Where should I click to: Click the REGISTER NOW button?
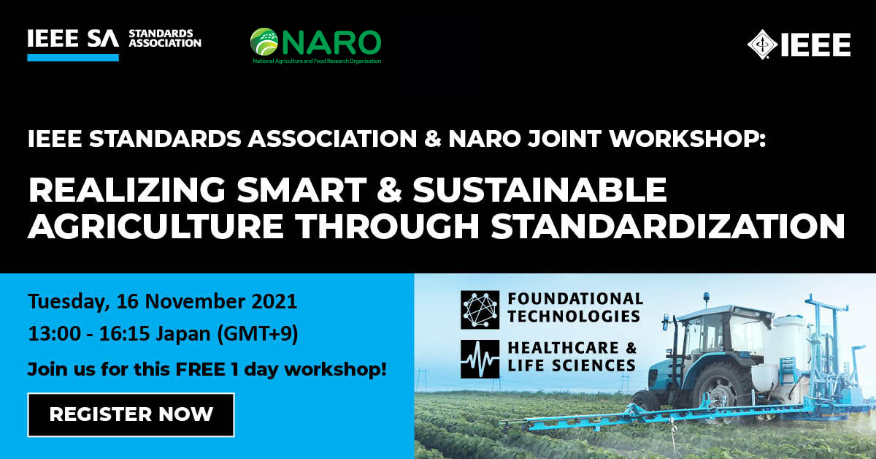pos(131,414)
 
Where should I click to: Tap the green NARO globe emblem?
pos(264,42)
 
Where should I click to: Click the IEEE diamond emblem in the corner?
pos(762,45)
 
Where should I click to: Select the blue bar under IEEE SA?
pos(73,58)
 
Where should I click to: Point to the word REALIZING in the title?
pos(127,190)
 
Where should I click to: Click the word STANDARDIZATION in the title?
pos(668,227)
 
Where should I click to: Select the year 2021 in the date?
pos(274,302)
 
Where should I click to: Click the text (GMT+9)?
pos(258,334)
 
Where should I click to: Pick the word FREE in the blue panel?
pos(201,369)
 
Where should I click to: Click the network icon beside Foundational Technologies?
pos(480,310)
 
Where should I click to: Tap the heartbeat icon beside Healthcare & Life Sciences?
pos(480,359)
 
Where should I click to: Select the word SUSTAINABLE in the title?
pos(539,190)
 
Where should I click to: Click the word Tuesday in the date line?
pos(69,303)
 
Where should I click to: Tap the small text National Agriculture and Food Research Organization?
pos(317,61)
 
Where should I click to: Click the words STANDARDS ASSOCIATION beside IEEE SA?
pos(165,39)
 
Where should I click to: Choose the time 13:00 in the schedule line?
pos(55,334)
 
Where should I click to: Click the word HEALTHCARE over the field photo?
pos(563,348)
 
